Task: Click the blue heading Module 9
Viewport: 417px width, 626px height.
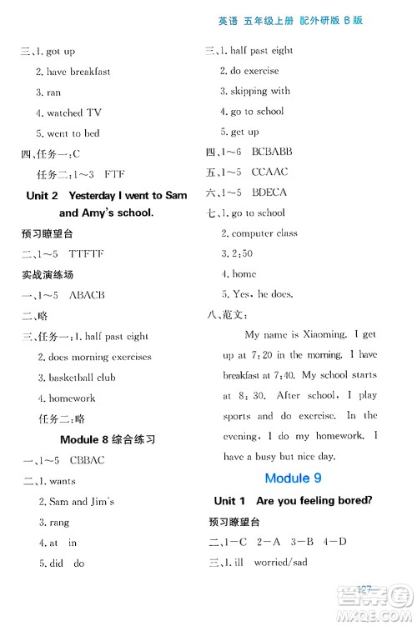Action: [293, 478]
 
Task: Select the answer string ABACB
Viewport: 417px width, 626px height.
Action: [87, 295]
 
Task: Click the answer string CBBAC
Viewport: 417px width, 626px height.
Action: [88, 460]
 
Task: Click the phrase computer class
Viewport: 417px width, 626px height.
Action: [264, 233]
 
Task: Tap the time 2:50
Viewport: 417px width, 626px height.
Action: [243, 253]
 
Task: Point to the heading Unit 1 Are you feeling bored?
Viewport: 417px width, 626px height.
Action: [293, 500]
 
